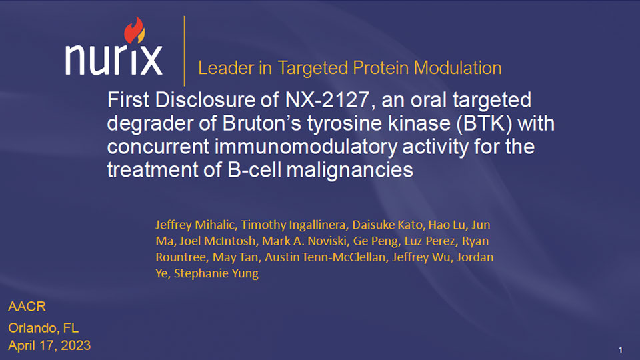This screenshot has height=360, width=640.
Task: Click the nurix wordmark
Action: [x=114, y=59]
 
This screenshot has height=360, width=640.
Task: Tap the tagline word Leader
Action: [x=226, y=68]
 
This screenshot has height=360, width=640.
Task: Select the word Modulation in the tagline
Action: [x=457, y=68]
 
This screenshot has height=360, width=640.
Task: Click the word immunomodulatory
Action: [x=306, y=147]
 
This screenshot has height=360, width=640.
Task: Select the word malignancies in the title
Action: [x=350, y=170]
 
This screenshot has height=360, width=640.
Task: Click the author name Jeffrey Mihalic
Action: [x=196, y=225]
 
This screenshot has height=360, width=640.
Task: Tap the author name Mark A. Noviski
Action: [x=305, y=241]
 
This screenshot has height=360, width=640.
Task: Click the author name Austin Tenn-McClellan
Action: [x=326, y=257]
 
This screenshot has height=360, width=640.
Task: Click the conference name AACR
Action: [x=27, y=307]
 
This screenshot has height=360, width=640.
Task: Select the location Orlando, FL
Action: [x=44, y=328]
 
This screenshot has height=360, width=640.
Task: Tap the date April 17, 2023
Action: [x=49, y=345]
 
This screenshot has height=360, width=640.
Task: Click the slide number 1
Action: [x=621, y=350]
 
